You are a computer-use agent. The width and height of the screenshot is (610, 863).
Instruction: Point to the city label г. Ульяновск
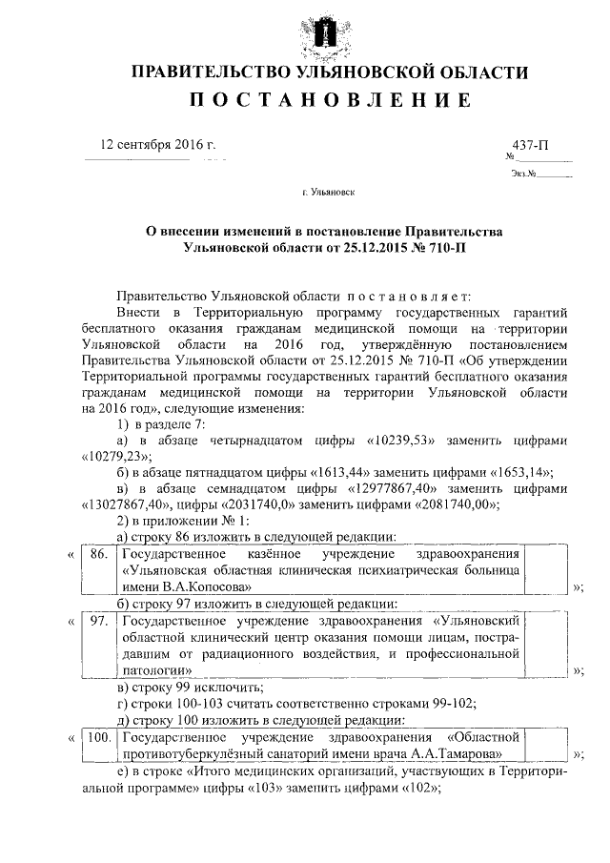point(328,192)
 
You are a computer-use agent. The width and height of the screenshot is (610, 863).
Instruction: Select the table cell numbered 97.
point(96,621)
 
